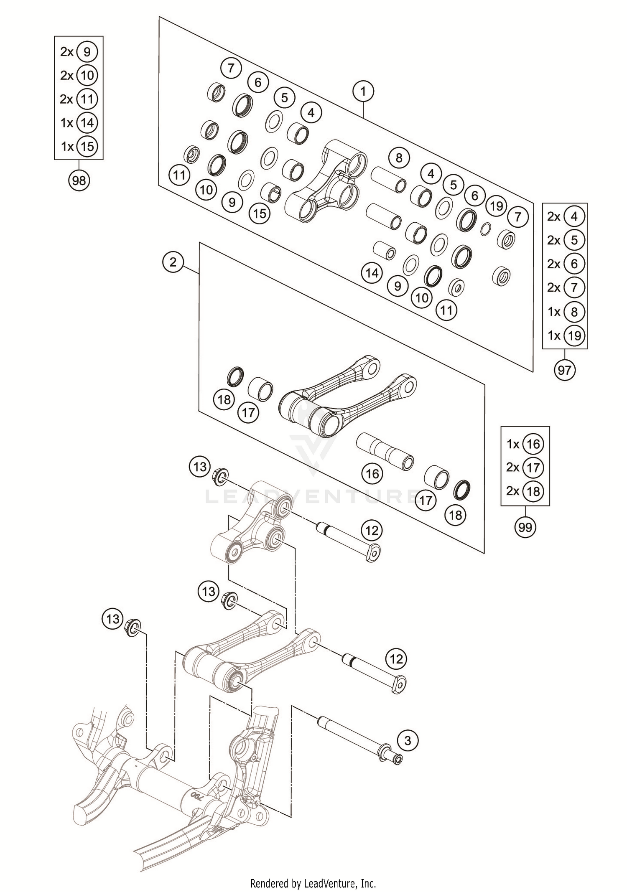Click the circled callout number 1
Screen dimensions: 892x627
tap(363, 91)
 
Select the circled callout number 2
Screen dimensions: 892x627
tap(173, 262)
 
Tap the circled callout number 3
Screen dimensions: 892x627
tap(408, 741)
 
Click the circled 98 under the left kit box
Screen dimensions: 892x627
tap(79, 180)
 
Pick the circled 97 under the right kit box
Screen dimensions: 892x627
tap(564, 370)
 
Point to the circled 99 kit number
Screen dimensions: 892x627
tap(525, 527)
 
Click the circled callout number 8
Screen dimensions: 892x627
tap(398, 158)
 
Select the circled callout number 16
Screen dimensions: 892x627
tap(372, 473)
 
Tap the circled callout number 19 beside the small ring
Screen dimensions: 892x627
tap(496, 206)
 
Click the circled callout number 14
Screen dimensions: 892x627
tap(372, 273)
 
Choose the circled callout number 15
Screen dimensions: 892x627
tap(260, 213)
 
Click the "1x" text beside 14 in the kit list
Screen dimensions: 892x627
tap(67, 123)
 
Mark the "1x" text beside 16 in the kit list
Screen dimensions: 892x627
tap(513, 444)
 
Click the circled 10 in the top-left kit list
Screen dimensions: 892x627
tap(87, 76)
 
